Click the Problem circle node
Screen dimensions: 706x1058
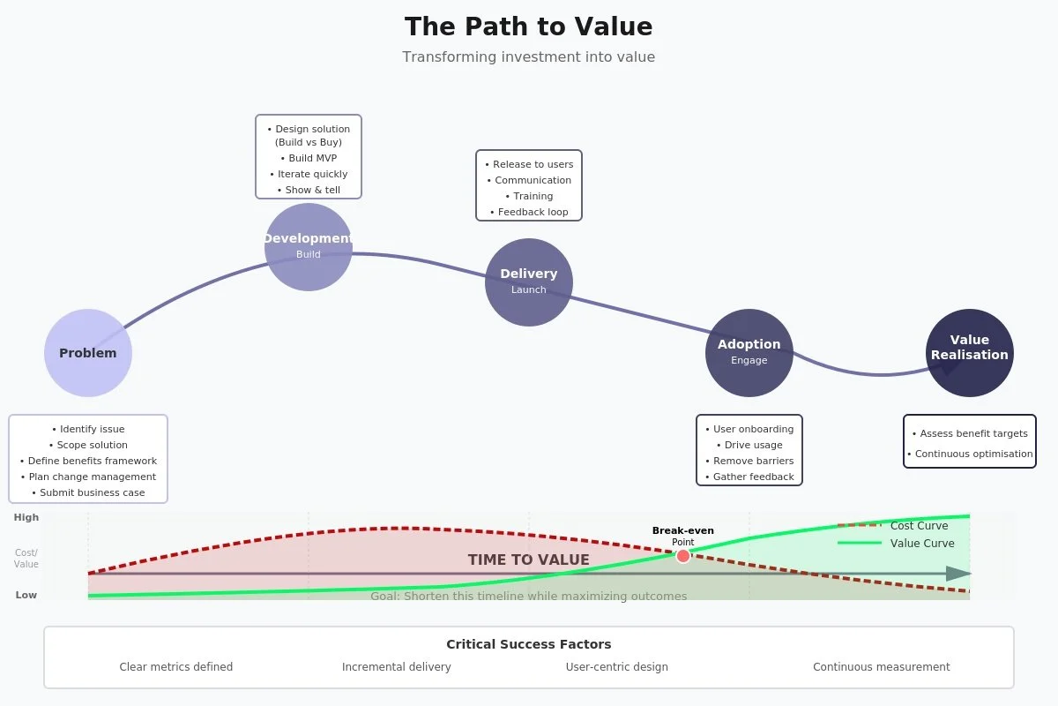pos(88,353)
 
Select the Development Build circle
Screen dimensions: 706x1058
pos(309,247)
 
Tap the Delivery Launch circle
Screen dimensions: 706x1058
pos(529,282)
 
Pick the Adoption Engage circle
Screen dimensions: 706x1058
pos(749,352)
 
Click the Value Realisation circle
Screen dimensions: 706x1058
pos(970,352)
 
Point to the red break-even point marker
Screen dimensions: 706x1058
pos(683,555)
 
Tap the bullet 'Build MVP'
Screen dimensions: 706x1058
pos(309,159)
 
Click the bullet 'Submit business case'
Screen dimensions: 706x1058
pos(88,492)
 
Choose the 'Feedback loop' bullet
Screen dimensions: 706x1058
pos(529,212)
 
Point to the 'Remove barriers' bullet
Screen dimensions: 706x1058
pos(749,461)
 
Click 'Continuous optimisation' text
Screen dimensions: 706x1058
pos(970,454)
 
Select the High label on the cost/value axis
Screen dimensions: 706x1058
pos(26,518)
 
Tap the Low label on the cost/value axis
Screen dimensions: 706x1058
pos(26,595)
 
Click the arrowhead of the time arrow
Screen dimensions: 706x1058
pos(958,574)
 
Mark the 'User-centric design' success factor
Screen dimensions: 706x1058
pos(617,667)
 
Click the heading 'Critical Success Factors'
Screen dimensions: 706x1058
pos(529,644)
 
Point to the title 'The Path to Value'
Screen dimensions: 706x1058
pos(529,26)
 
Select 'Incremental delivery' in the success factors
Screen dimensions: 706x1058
pos(397,667)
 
